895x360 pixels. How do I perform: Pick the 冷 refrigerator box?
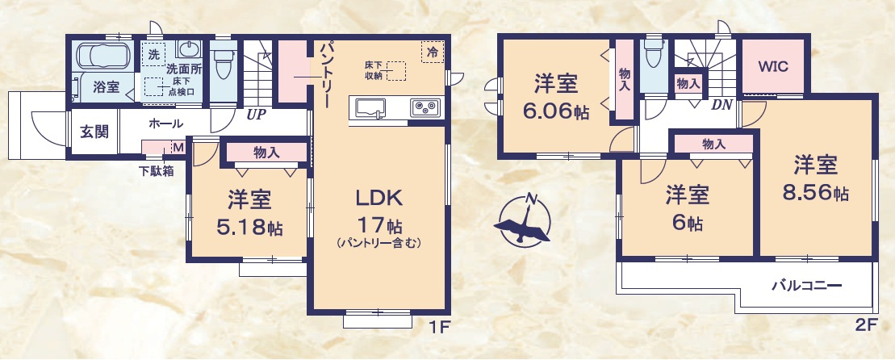click(x=433, y=52)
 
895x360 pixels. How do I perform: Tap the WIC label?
click(x=772, y=66)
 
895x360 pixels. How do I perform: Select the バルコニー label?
click(x=806, y=286)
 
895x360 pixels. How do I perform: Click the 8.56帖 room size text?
click(x=815, y=194)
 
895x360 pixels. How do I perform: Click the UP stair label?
click(x=257, y=115)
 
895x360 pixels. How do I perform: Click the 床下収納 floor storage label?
click(x=372, y=70)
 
